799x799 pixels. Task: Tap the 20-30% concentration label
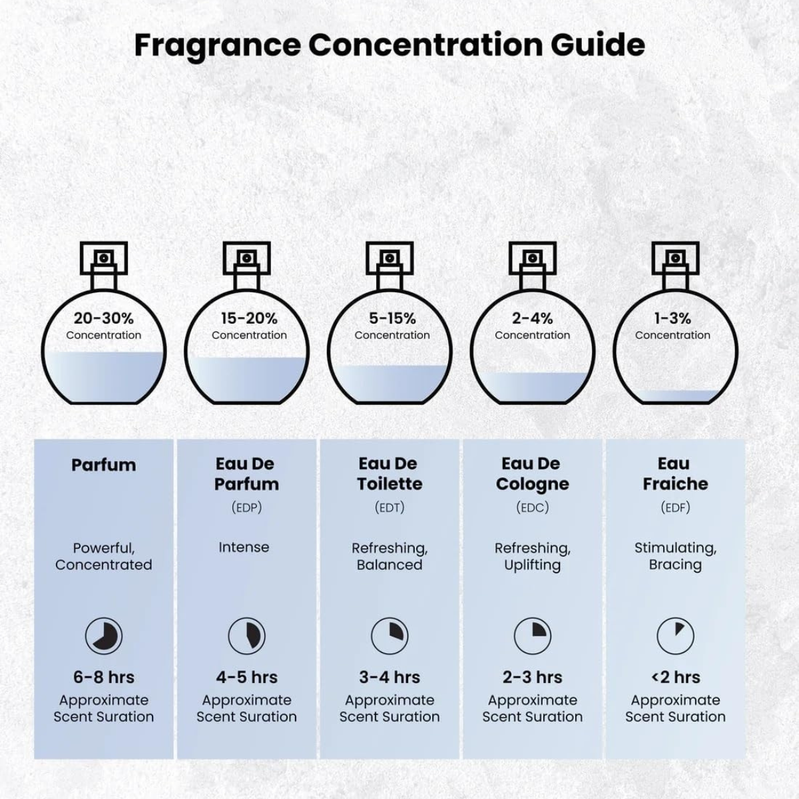pyautogui.click(x=104, y=318)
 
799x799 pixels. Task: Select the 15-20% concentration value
pyautogui.click(x=249, y=318)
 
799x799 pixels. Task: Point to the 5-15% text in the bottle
pyautogui.click(x=392, y=318)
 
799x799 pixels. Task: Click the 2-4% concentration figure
pyautogui.click(x=533, y=318)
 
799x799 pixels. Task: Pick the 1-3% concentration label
pyautogui.click(x=672, y=318)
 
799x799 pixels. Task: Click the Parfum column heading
pyautogui.click(x=104, y=465)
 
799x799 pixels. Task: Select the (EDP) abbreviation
pyautogui.click(x=247, y=507)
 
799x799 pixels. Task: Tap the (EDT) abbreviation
pyautogui.click(x=390, y=507)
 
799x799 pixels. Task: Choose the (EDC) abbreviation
pyautogui.click(x=533, y=507)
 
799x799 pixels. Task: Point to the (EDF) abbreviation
pyautogui.click(x=675, y=507)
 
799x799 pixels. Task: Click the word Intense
pyautogui.click(x=244, y=547)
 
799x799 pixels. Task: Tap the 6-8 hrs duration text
pyautogui.click(x=104, y=678)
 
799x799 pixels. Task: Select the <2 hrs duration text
pyautogui.click(x=675, y=678)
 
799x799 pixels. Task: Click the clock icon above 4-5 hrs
pyautogui.click(x=247, y=636)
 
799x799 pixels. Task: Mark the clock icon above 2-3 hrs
pyautogui.click(x=533, y=636)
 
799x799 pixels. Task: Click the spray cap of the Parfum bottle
pyautogui.click(x=104, y=258)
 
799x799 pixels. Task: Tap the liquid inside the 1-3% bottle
pyautogui.click(x=675, y=396)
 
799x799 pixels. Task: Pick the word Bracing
pyautogui.click(x=675, y=565)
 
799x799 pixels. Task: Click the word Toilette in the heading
pyautogui.click(x=390, y=484)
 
